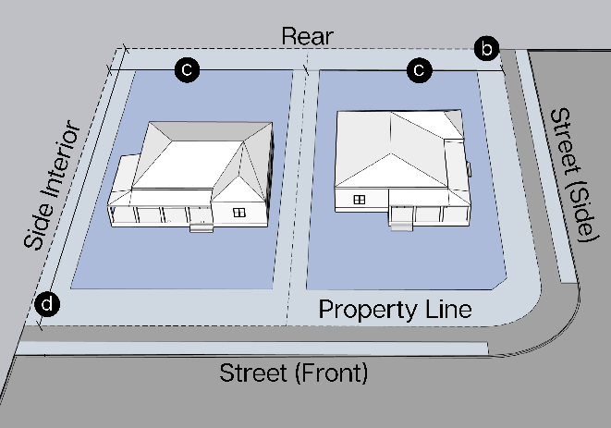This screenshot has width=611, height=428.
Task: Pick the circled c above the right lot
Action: click(x=420, y=68)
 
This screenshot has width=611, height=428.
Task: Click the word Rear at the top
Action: click(x=307, y=36)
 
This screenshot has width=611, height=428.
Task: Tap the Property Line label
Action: click(x=395, y=309)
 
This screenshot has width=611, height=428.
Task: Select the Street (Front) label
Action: click(x=293, y=373)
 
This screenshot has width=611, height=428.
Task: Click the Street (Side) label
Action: click(x=569, y=175)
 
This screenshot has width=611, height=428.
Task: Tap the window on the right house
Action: click(x=360, y=199)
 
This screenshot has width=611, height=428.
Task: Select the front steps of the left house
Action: click(x=200, y=225)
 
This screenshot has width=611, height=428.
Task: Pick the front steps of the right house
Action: click(x=400, y=219)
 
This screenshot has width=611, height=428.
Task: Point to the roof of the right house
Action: click(x=397, y=148)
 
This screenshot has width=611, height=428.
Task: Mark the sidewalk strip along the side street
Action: click(x=544, y=166)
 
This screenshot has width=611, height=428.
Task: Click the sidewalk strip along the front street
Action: click(x=250, y=349)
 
